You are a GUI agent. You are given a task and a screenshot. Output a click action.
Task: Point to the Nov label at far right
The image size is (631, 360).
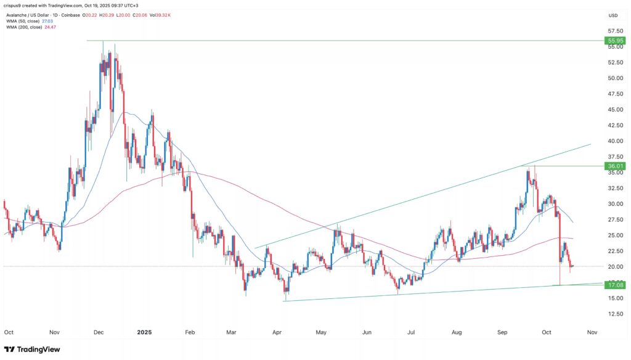(x=592, y=332)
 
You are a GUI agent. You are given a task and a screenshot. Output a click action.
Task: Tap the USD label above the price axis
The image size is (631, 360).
(x=613, y=15)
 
